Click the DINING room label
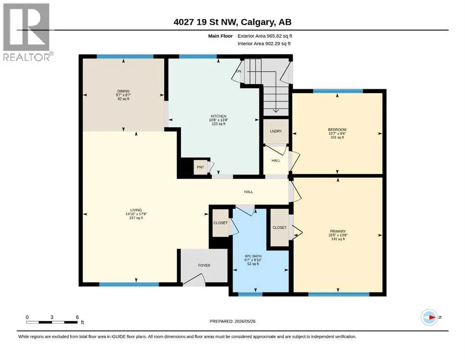point(123,91)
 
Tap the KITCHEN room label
point(219,116)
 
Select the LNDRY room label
point(276,131)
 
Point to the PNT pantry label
point(200,167)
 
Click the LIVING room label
point(136,210)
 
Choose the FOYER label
point(204,265)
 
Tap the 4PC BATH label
point(253,256)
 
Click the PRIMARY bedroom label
point(338,231)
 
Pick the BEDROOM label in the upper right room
point(337,130)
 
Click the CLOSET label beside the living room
point(221,223)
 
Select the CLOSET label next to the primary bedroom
point(280,227)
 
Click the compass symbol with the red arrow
point(429,317)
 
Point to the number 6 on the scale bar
point(77,317)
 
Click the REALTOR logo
point(27,32)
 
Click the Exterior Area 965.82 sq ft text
point(265,36)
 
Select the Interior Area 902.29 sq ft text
point(264,44)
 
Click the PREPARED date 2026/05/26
point(245,321)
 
